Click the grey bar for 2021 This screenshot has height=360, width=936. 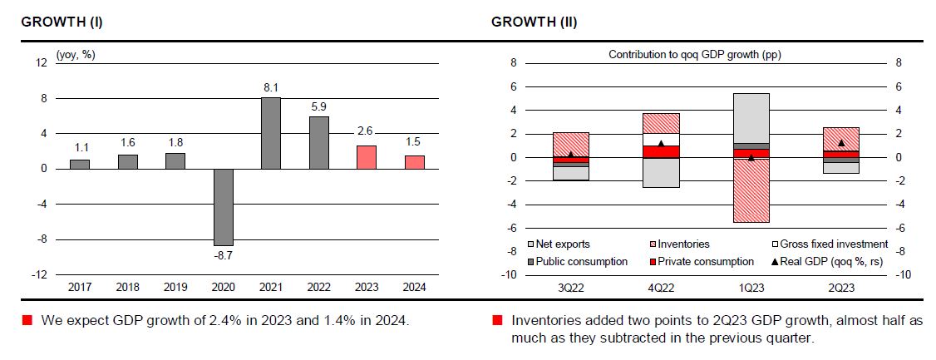coord(271,133)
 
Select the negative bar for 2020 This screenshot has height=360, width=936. coord(223,207)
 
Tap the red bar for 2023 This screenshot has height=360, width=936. coord(367,157)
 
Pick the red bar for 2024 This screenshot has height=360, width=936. coord(415,162)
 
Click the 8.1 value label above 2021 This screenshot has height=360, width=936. coord(271,87)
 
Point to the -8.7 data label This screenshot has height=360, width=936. coord(223,256)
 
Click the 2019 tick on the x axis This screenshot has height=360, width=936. coord(175,287)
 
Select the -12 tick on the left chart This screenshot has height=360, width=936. coord(41,274)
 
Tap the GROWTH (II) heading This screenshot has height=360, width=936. coord(535,22)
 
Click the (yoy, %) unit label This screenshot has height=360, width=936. coord(76,55)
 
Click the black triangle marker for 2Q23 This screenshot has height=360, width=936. coord(842,143)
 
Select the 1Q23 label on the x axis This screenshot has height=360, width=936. coord(751,287)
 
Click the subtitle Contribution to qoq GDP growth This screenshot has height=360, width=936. coord(694,55)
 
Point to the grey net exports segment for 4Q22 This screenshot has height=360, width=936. coord(661,172)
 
